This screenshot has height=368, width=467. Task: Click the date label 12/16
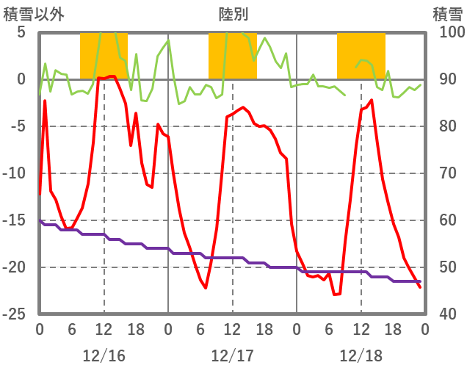(104, 356)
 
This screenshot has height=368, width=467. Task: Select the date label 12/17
(232, 356)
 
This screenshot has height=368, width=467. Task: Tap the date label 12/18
(361, 356)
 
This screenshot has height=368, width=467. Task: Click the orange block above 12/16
(104, 56)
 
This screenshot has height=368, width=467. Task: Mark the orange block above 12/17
(232, 56)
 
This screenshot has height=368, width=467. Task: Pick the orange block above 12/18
(361, 56)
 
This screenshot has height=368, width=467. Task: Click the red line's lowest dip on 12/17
(206, 287)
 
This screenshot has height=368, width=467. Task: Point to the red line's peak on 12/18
(372, 100)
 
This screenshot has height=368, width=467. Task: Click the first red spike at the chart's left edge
(45, 101)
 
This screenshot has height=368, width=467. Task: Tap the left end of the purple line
(40, 220)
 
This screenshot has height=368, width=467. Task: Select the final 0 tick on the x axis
(424, 328)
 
